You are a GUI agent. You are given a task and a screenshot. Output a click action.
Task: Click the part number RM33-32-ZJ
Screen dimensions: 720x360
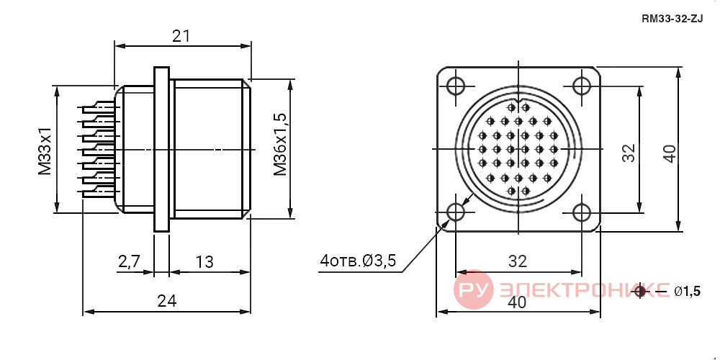tap(672, 19)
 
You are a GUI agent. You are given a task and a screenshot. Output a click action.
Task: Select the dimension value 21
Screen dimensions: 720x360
tap(181, 36)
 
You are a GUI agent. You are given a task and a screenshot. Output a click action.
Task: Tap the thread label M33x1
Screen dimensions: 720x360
tap(45, 151)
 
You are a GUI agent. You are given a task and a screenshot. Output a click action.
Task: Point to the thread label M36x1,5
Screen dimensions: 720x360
tap(281, 144)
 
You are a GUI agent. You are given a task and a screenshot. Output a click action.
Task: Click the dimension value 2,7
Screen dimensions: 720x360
tap(129, 261)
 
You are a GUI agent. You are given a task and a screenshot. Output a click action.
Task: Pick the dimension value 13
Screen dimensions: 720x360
tap(204, 262)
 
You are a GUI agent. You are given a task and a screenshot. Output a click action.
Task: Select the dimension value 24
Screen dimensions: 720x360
tap(167, 301)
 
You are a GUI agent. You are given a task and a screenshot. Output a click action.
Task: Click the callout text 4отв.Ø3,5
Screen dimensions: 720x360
tap(358, 261)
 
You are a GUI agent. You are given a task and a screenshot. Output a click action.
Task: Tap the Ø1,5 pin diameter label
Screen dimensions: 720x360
tap(688, 291)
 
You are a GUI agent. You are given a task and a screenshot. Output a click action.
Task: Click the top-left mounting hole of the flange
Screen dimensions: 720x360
tap(456, 86)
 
